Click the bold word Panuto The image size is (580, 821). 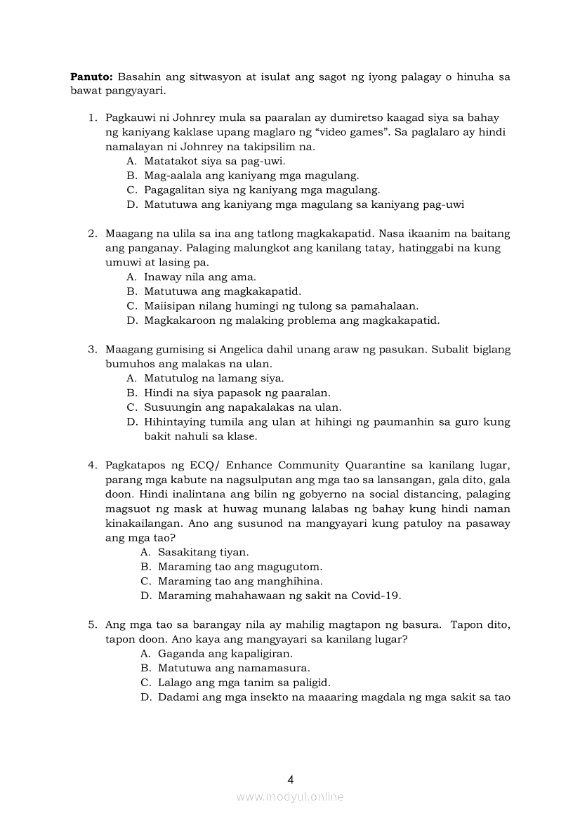[91, 77]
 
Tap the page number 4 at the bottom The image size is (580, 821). [290, 779]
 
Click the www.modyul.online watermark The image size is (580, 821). [290, 796]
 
